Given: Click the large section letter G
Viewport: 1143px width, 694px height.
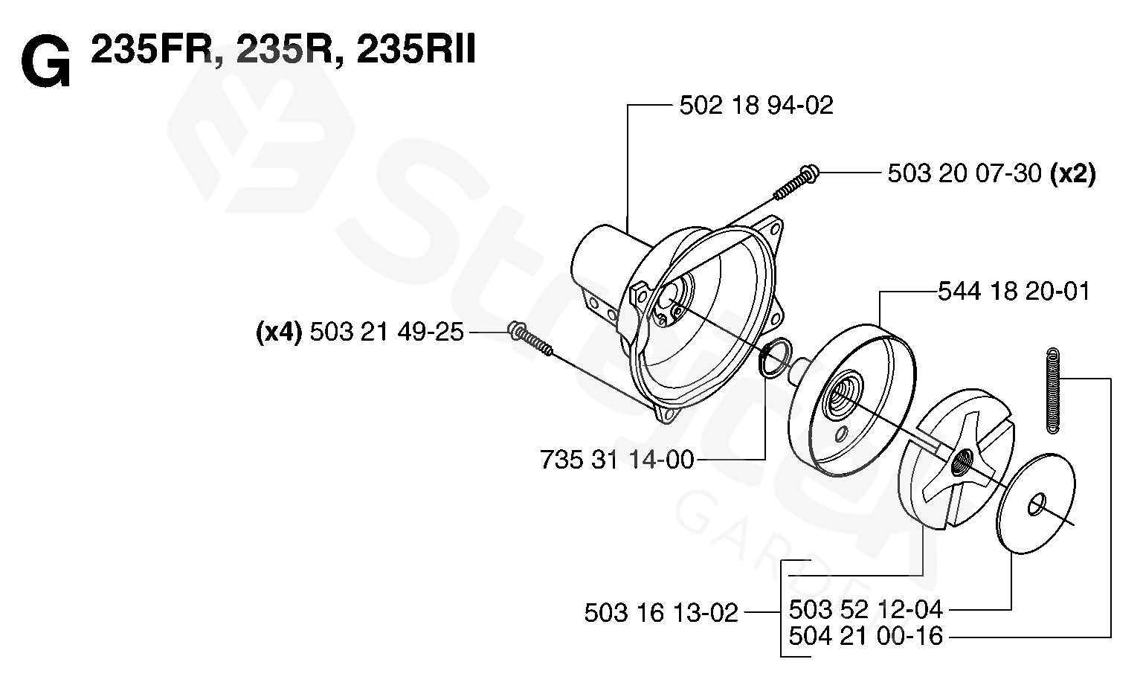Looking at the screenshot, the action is [x=45, y=62].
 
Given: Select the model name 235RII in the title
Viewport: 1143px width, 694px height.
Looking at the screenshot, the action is [x=416, y=50].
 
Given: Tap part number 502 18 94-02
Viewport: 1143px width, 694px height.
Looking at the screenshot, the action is [x=756, y=106].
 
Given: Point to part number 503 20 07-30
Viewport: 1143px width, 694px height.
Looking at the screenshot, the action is [x=965, y=173].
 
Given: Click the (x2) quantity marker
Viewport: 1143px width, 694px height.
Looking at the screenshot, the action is [x=1072, y=174].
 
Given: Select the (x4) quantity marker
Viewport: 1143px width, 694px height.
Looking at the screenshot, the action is [x=279, y=332].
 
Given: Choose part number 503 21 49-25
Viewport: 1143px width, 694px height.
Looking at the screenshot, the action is [x=387, y=332].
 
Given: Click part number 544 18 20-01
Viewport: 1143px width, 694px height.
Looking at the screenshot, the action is [x=1014, y=292].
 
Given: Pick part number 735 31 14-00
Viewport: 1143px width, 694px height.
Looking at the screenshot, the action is [x=617, y=460].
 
